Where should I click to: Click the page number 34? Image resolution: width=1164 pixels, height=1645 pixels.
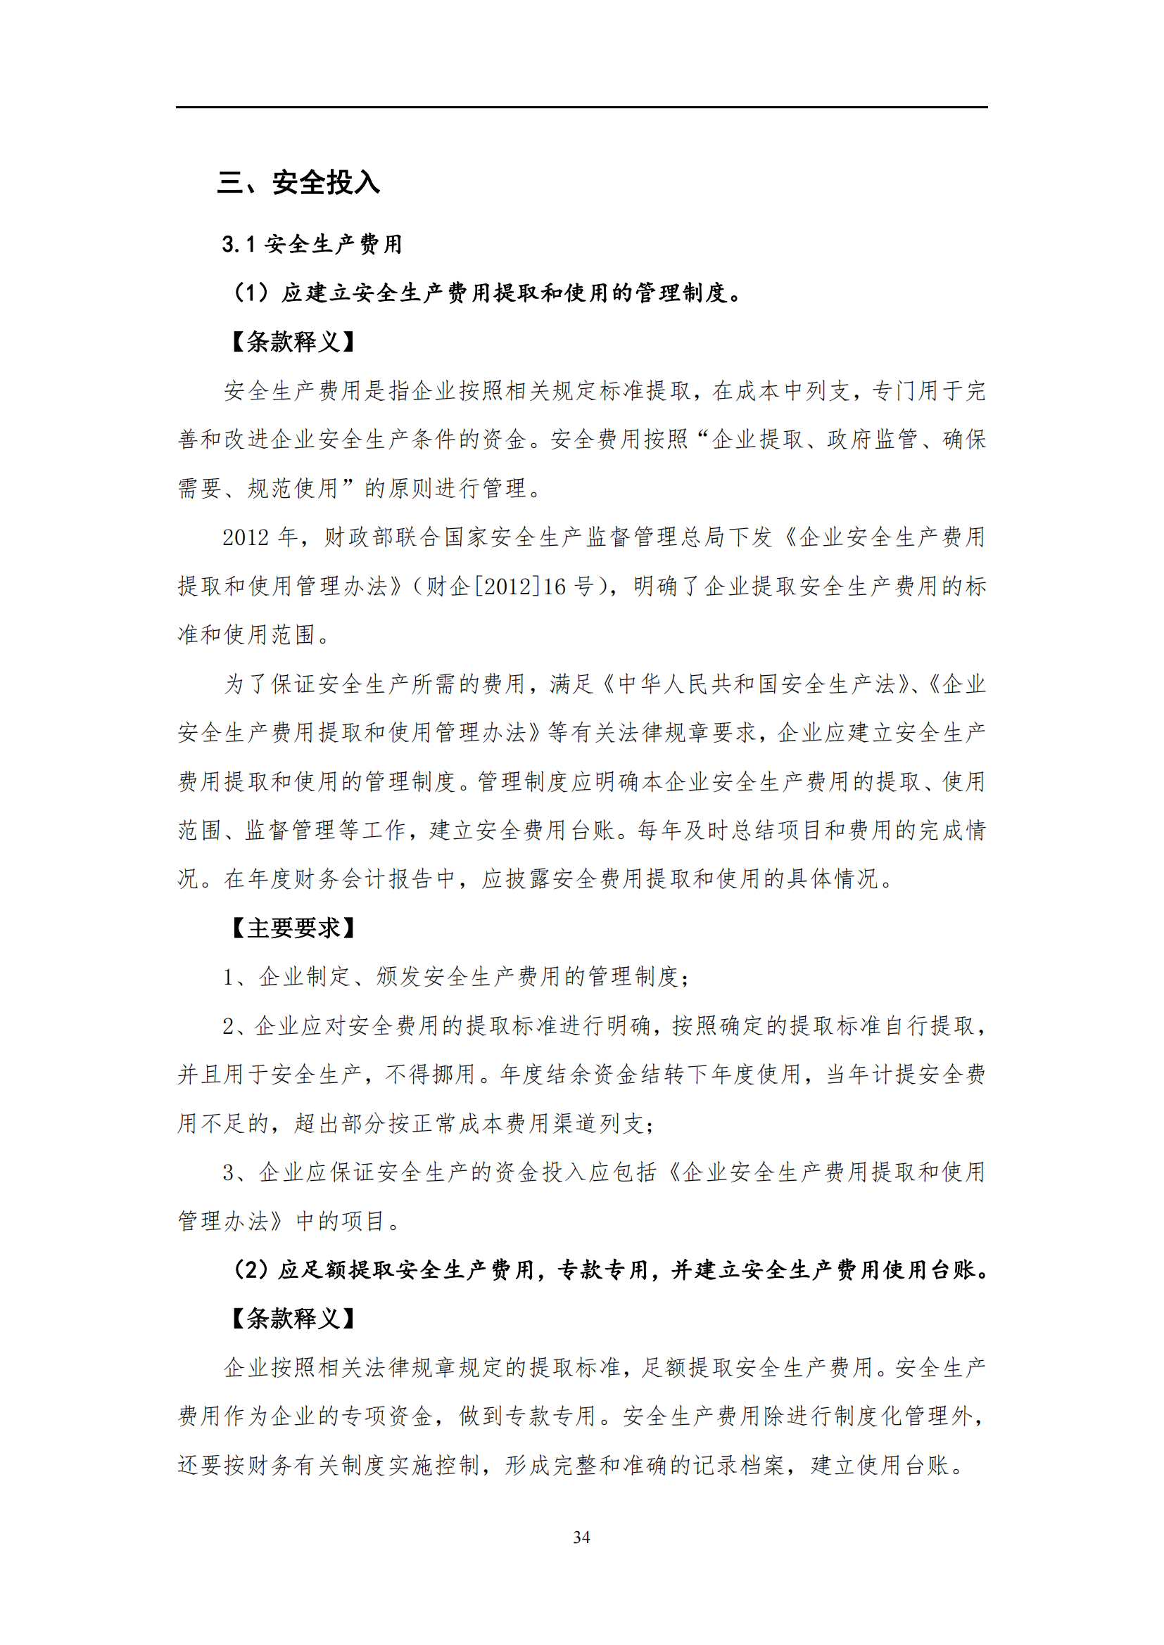(581, 1537)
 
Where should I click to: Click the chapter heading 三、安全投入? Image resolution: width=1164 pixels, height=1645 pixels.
(298, 183)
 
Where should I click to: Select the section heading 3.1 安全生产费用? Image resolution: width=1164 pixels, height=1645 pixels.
(312, 244)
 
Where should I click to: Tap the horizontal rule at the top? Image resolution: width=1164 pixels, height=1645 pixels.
(581, 108)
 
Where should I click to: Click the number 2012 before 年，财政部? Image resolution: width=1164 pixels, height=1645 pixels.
(245, 537)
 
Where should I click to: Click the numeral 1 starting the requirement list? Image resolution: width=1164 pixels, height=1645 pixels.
(229, 977)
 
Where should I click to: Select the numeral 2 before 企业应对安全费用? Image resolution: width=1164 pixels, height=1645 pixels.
(229, 1026)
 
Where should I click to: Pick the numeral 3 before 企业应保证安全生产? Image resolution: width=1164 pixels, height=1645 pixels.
(229, 1172)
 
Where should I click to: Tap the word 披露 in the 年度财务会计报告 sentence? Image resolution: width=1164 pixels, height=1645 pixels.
(529, 879)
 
